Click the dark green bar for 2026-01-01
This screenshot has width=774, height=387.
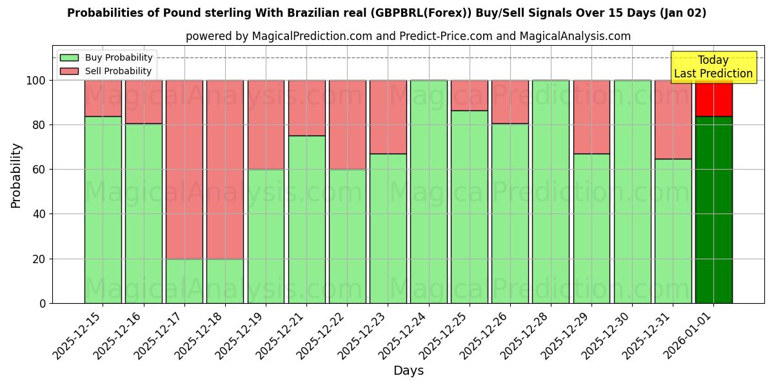coord(713,210)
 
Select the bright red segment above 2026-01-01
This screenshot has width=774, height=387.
coord(713,98)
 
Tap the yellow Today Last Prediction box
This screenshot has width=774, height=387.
coord(713,67)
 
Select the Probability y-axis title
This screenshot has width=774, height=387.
coord(16,175)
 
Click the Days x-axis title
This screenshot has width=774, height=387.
coord(408,371)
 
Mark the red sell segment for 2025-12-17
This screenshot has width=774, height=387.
coord(184,169)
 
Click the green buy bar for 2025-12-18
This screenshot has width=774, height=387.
coord(225,281)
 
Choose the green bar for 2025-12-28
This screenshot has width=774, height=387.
coord(551,192)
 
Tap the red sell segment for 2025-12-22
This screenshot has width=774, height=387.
coord(347,124)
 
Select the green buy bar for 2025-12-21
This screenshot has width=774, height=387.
coord(306,219)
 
